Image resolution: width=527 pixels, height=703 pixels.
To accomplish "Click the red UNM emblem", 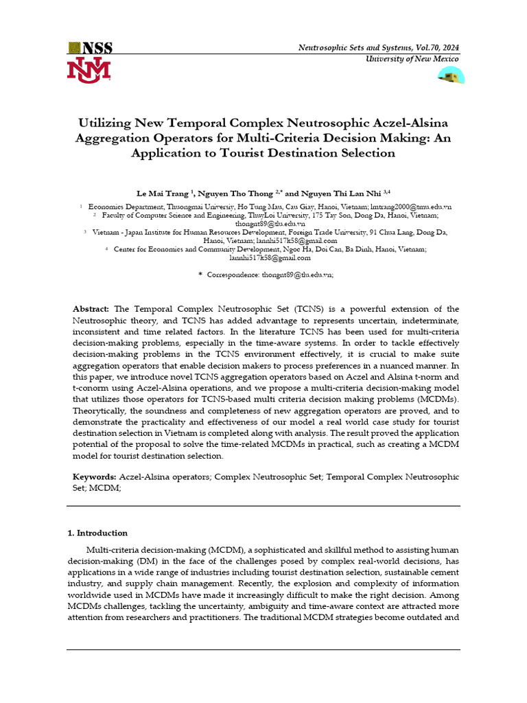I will point(88,71).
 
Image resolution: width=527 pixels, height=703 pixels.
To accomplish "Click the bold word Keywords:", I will point(95,476).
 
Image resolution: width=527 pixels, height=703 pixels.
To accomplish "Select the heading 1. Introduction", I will point(97,533).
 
